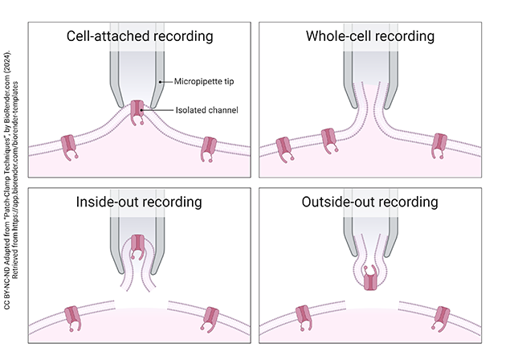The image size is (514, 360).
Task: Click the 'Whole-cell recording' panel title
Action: click(370, 37)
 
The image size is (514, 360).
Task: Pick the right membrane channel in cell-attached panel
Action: click(210, 147)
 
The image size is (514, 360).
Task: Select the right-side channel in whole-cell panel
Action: click(439, 144)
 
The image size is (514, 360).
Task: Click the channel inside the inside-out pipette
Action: click(139, 245)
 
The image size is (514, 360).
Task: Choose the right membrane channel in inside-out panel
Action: click(211, 317)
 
